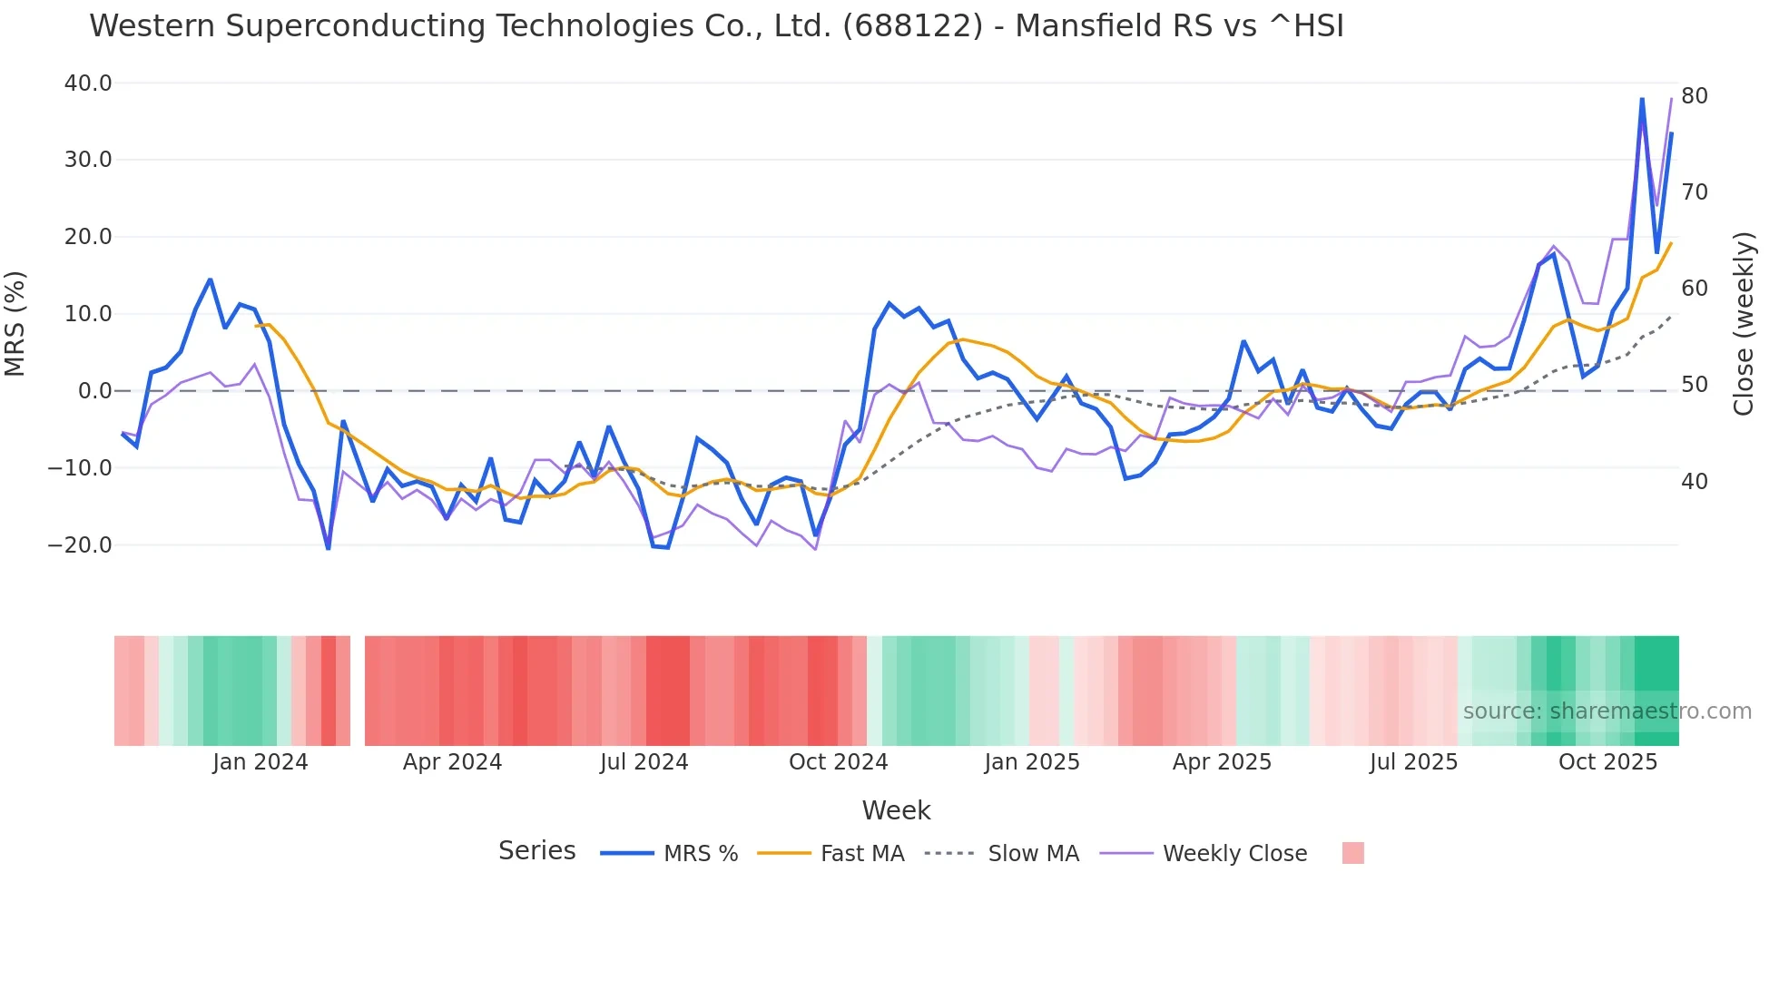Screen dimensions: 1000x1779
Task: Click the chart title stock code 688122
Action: (911, 26)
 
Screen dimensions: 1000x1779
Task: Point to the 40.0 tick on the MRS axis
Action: (88, 83)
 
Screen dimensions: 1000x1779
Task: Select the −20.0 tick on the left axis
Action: (81, 545)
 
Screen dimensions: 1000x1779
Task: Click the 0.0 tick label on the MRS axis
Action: (95, 391)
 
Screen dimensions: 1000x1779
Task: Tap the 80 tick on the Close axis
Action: (1694, 96)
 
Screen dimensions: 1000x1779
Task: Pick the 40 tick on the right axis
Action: (1694, 482)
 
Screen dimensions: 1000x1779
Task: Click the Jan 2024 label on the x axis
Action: (260, 762)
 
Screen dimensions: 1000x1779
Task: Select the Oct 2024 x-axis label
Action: (838, 762)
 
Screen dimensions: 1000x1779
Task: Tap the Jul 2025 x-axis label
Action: (1413, 762)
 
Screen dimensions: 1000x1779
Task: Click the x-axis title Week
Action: (896, 810)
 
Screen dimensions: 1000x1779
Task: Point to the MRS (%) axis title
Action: (15, 323)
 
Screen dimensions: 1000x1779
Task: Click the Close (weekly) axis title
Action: (1744, 323)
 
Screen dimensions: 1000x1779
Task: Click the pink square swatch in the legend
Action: (1352, 853)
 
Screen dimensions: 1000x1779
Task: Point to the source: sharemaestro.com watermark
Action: (1607, 711)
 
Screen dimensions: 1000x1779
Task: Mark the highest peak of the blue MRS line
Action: (1642, 99)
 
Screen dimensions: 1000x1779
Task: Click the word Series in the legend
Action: (536, 851)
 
